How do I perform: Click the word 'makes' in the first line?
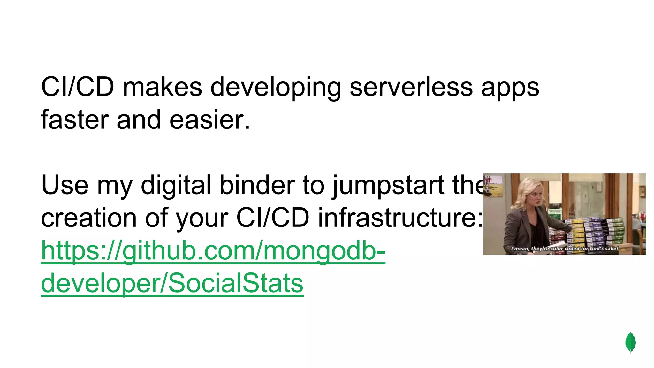tap(162, 87)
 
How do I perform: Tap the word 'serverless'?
tap(411, 87)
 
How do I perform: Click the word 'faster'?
tap(75, 120)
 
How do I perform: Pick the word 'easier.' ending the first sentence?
tap(209, 120)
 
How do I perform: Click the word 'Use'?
tap(65, 185)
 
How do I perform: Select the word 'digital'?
tap(176, 185)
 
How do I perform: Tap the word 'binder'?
tap(257, 185)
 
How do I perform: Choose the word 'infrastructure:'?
tap(400, 218)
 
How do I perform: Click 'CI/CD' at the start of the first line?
tap(78, 87)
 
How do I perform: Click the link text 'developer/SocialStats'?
tap(172, 283)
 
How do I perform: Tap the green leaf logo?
tap(630, 342)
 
